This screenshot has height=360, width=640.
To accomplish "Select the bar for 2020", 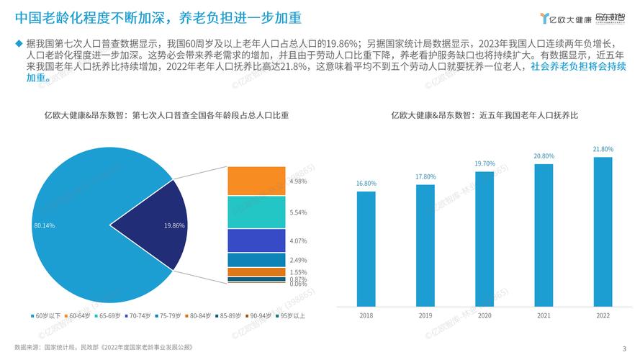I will pyautogui.click(x=484, y=233).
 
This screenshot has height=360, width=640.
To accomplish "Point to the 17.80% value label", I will pyautogui.click(x=425, y=176).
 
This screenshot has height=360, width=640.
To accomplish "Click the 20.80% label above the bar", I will pyautogui.click(x=544, y=156).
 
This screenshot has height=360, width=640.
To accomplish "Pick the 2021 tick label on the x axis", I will pyautogui.click(x=544, y=315).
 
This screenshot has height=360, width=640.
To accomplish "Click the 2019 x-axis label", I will pyautogui.click(x=425, y=315).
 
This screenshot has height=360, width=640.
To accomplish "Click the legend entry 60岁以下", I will pyautogui.click(x=45, y=315).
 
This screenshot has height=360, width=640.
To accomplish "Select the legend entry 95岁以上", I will pyautogui.click(x=292, y=315).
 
